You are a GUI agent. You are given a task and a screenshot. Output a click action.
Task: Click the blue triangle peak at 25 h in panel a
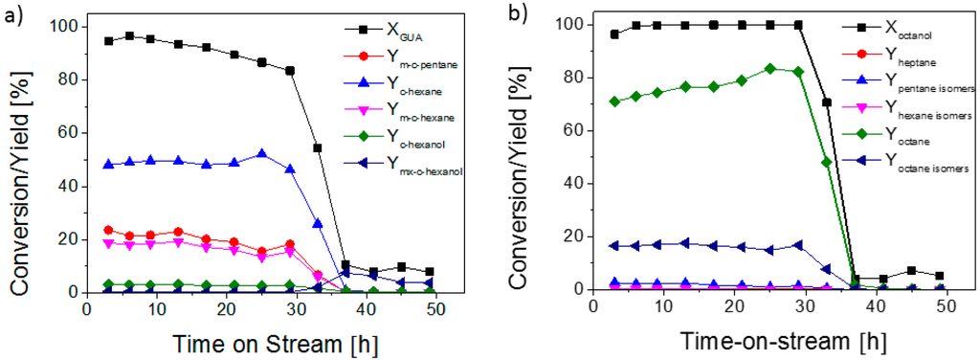261,154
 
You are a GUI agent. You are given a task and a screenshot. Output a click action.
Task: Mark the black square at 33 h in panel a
318,148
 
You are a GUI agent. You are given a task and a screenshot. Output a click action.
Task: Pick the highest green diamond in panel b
769,69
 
